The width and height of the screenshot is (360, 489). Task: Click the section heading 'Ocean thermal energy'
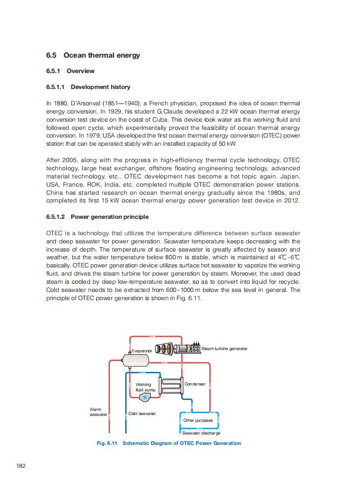[x=102, y=55]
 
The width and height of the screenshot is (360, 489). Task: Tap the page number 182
[x=20, y=466]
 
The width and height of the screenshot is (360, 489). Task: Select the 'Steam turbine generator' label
[x=224, y=349]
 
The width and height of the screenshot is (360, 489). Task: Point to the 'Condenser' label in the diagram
[x=195, y=384]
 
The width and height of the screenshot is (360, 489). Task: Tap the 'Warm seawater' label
[x=98, y=412]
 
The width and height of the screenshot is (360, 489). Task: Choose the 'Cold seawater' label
[x=142, y=414]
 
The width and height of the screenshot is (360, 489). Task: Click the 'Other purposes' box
[x=198, y=420]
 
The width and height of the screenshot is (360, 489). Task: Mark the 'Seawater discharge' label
[x=204, y=433]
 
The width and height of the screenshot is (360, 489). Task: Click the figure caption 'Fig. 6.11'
[x=107, y=443]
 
